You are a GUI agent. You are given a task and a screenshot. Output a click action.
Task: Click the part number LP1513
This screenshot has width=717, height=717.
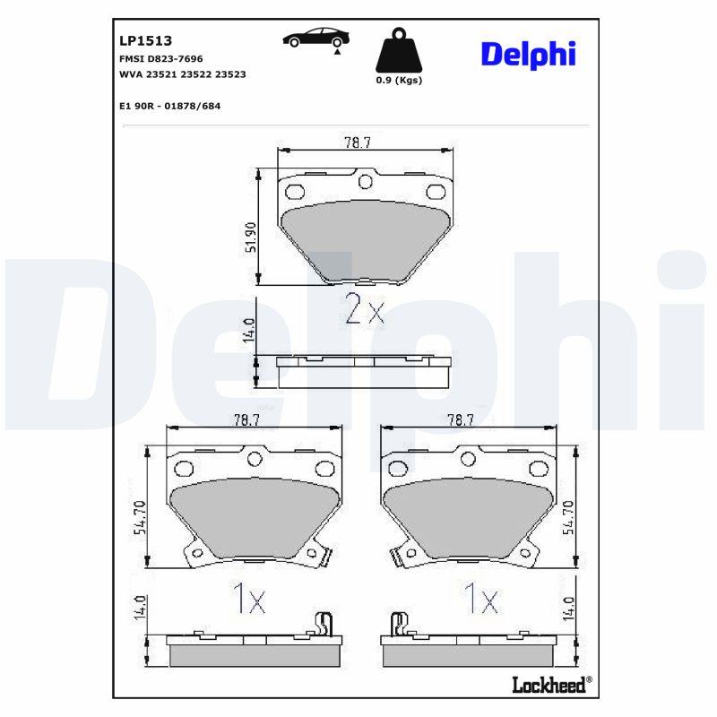pos(145,40)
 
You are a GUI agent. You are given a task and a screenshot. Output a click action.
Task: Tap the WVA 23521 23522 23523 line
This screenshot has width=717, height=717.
pos(182,75)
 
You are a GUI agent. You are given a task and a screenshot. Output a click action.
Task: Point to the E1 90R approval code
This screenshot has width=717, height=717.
pos(169,106)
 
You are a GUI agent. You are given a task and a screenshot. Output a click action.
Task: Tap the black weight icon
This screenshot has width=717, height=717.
pos(398,53)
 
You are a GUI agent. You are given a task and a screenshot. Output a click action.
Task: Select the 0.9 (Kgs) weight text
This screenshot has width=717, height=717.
pos(398,80)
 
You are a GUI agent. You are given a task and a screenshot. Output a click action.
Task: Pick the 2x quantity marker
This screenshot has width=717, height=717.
pos(364,310)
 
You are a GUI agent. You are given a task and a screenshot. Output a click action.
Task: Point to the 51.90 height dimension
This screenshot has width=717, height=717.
pos(252,238)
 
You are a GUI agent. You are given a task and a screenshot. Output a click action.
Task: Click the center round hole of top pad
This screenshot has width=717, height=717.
pos(364,182)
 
